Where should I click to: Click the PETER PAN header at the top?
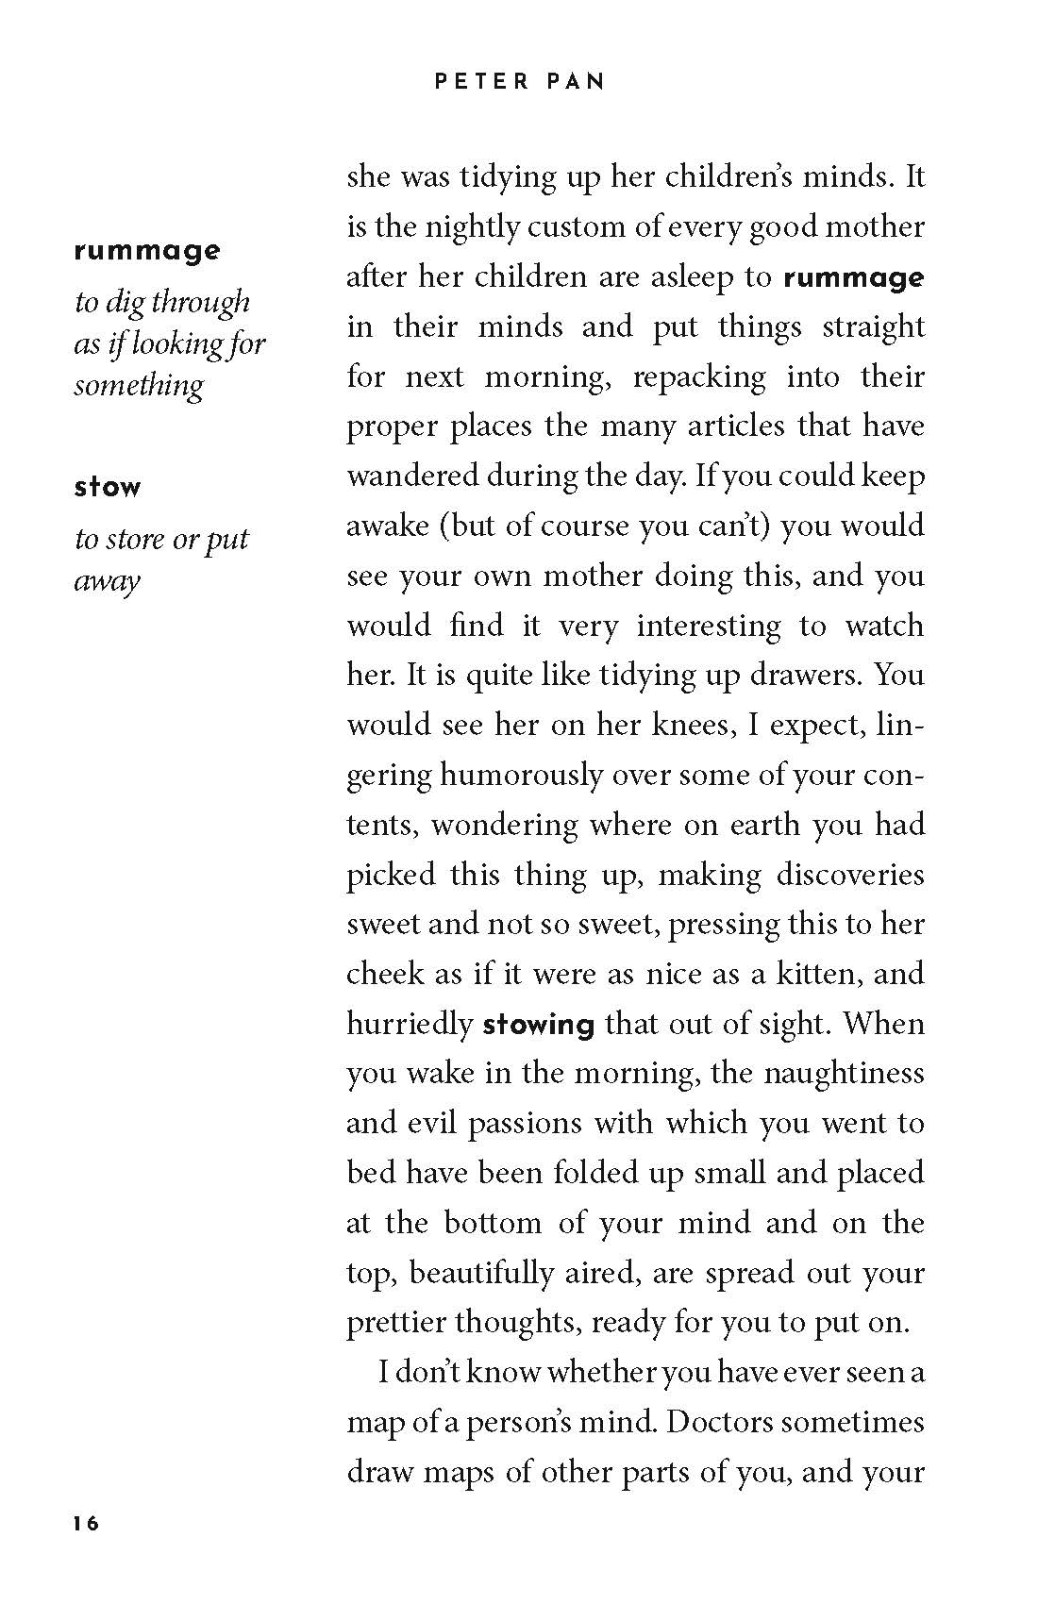click(519, 82)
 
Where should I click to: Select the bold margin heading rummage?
click(147, 251)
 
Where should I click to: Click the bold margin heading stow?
click(108, 488)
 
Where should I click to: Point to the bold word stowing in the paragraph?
click(539, 1025)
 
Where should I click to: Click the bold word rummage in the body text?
click(853, 278)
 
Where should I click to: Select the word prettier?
click(395, 1323)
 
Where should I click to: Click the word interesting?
click(709, 626)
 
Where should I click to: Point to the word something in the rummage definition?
click(139, 386)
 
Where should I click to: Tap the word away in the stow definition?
click(108, 581)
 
